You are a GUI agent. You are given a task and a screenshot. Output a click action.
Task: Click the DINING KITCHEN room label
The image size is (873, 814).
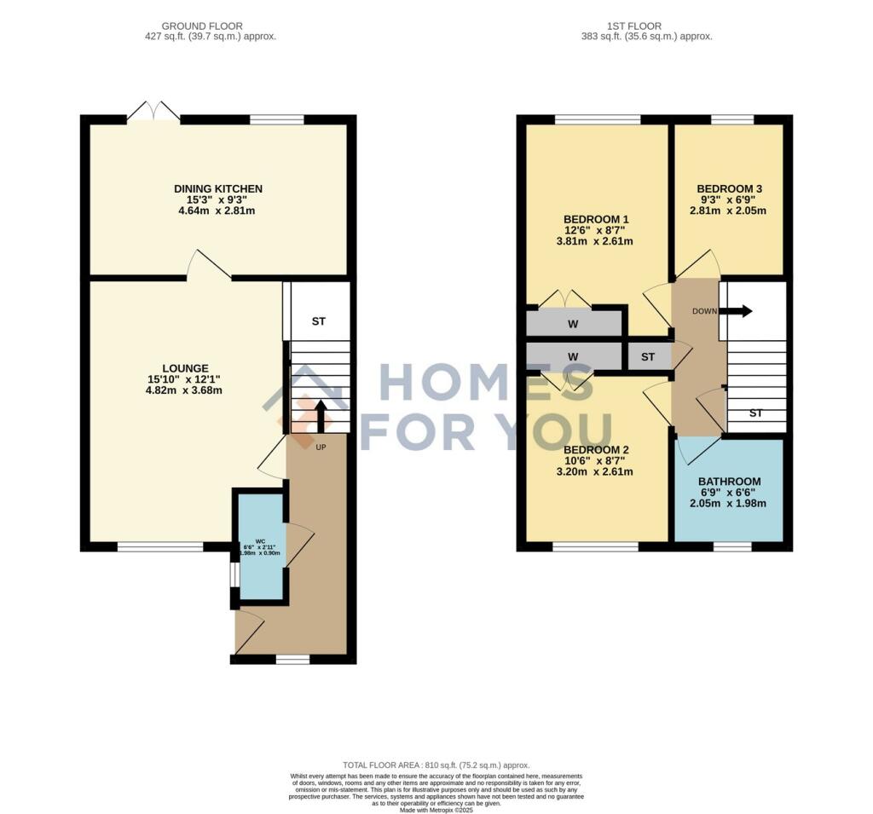pos(218,188)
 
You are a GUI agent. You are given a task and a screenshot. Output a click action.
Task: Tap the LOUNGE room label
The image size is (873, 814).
pos(186,368)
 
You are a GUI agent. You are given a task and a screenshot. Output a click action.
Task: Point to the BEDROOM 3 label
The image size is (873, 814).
pos(729,188)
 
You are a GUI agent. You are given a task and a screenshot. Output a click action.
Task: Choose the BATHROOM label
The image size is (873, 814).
pos(729,481)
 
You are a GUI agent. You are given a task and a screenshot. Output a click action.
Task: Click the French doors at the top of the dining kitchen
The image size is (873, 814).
pos(153,113)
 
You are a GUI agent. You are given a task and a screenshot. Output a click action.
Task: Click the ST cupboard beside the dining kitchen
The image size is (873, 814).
pos(319,321)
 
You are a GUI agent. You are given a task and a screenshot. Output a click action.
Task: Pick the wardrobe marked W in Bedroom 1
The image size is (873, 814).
pos(573,324)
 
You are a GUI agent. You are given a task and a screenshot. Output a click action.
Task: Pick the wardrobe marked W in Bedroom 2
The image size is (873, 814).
pos(573,355)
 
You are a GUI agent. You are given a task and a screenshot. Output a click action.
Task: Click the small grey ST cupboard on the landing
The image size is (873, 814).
pos(648,356)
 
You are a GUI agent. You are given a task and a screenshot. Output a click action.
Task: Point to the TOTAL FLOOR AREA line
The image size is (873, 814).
pos(436,765)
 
